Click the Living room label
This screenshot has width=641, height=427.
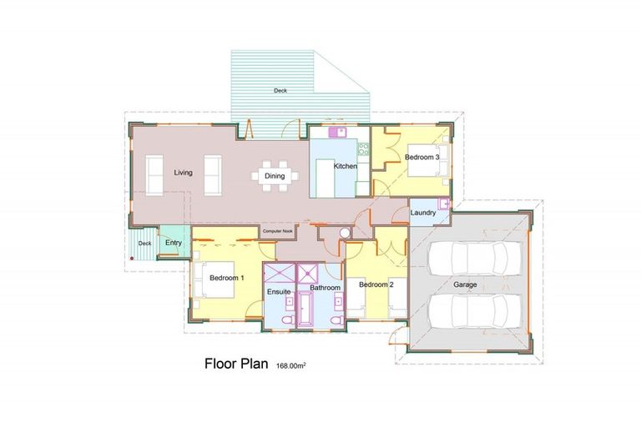coord(184,173)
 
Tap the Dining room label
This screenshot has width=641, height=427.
coord(275,176)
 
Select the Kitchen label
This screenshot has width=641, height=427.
coord(346,167)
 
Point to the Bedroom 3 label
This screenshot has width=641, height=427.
coord(422,156)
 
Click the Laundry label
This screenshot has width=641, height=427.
coord(423,213)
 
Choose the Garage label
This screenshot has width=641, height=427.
coord(465,284)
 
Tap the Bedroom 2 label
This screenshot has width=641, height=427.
coord(376,284)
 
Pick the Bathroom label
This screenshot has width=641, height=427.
coord(325,288)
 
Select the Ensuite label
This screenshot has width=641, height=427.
coord(278,291)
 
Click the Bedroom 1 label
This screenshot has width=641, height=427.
coord(226,278)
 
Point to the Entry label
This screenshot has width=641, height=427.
coord(174,243)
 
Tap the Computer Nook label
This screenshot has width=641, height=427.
coord(276,231)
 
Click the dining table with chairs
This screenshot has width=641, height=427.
coord(275,175)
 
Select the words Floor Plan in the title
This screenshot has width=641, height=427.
coord(234,364)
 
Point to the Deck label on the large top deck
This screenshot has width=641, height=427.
coord(280,90)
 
